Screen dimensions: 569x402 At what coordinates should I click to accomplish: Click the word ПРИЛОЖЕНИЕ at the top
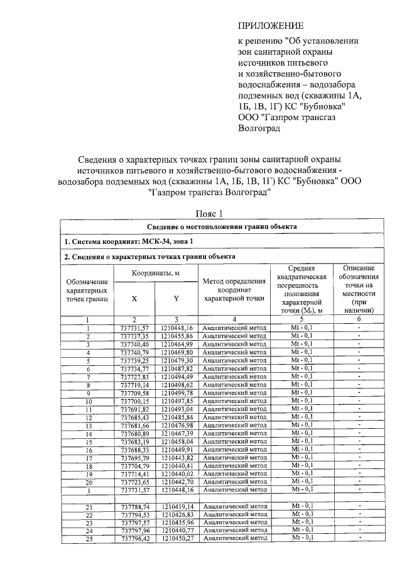pyautogui.click(x=270, y=26)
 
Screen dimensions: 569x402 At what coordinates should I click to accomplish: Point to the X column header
pyautogui.click(x=134, y=299)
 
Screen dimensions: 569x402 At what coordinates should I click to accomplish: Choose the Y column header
pyautogui.click(x=177, y=299)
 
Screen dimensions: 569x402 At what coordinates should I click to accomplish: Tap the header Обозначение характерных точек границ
pyautogui.click(x=87, y=290)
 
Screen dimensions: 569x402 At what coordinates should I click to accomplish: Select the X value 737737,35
pyautogui.click(x=134, y=337)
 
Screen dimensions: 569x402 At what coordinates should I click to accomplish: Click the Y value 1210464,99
pyautogui.click(x=177, y=345)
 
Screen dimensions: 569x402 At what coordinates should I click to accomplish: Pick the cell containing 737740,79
pyautogui.click(x=134, y=353)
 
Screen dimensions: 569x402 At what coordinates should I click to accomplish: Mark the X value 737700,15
pyautogui.click(x=134, y=401)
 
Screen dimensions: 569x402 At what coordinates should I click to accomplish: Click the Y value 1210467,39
pyautogui.click(x=177, y=434)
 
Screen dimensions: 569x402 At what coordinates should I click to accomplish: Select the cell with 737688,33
pyautogui.click(x=134, y=450)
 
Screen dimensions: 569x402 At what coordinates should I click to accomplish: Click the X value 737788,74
pyautogui.click(x=134, y=507)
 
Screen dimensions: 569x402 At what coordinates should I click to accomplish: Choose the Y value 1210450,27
pyautogui.click(x=177, y=539)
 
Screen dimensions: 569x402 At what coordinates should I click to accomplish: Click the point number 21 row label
pyautogui.click(x=88, y=507)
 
